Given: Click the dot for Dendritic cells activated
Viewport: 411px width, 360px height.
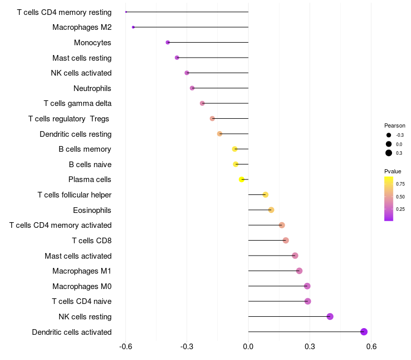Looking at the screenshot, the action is pos(364,332).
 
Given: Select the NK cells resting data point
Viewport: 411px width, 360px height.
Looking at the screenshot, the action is pos(330,316).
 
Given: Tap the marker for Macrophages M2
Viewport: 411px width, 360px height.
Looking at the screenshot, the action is pos(133,27).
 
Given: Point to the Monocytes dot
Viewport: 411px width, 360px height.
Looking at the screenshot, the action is pos(168,43).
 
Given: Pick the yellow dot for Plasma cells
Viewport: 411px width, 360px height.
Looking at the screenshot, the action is pos(241,179).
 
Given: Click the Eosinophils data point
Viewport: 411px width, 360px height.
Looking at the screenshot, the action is pos(271,210).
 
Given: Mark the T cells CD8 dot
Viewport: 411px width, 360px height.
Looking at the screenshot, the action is pos(286,240).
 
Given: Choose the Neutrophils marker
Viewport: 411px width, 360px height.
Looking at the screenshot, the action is pos(192,88).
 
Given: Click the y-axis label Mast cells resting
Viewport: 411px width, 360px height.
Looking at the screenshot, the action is pos(82,58).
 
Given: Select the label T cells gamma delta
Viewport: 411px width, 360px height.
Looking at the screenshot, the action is pos(78,103).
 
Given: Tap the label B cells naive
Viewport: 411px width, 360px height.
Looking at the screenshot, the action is pos(90,165).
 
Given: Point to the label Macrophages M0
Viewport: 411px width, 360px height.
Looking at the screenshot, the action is pos(82,286).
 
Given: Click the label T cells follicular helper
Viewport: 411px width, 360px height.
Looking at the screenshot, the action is pos(74,195).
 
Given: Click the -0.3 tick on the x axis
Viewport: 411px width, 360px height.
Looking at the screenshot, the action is pos(186,347).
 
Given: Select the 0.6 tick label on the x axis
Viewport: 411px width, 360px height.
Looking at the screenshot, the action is pos(371,347).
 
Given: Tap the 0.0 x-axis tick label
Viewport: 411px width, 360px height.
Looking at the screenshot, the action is pos(248,347).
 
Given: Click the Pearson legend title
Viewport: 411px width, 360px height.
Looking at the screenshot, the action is pos(395,125).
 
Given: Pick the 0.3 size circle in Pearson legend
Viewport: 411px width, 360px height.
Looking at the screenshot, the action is pos(389,153).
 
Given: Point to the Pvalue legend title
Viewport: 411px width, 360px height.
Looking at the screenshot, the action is pos(393,171).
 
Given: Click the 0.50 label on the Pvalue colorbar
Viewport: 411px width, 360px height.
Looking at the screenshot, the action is pos(400,197).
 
